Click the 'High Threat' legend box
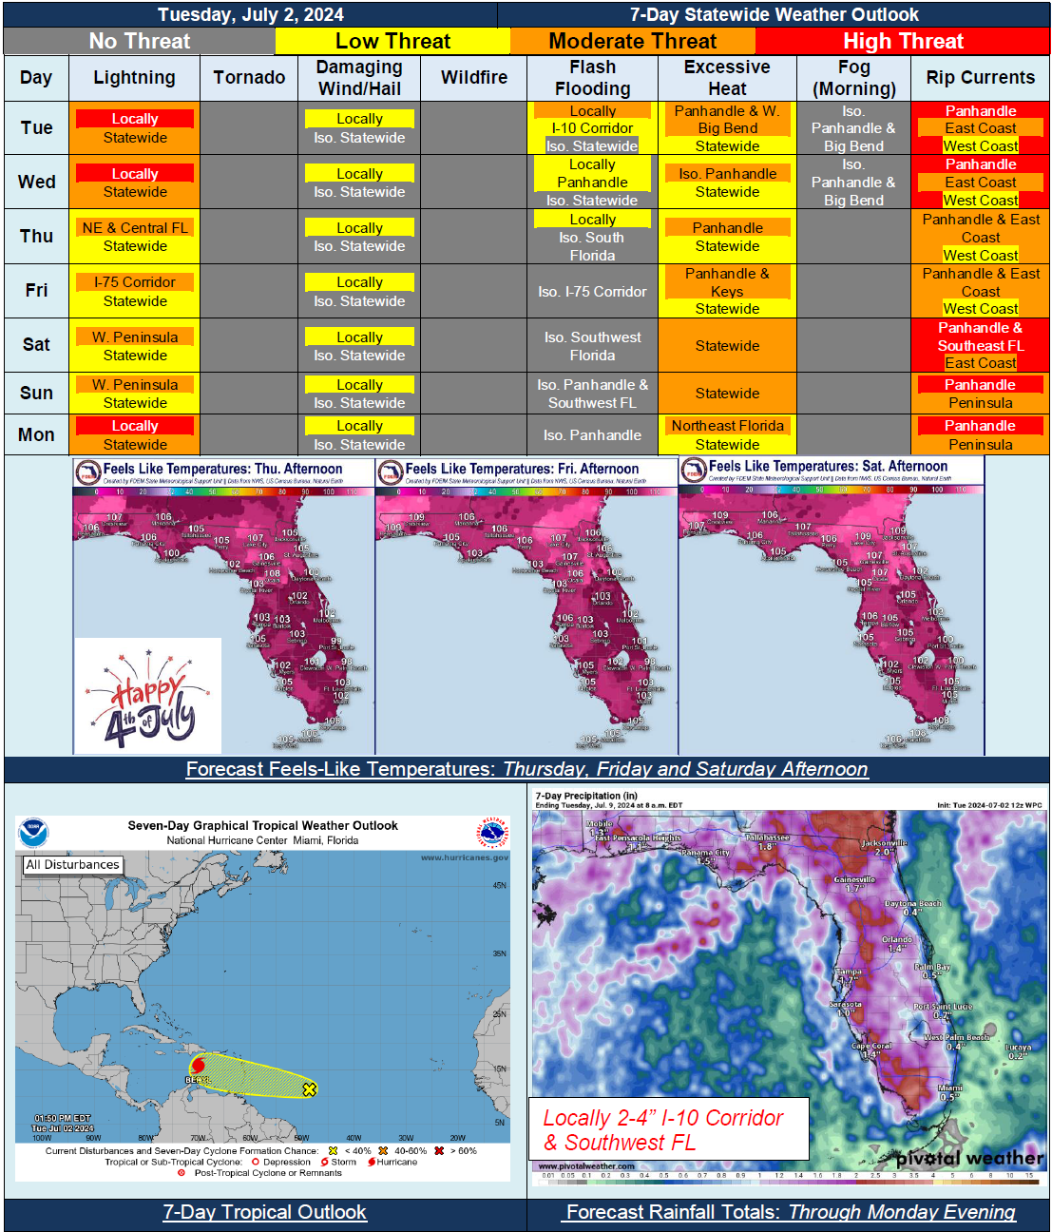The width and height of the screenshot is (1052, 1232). (x=902, y=41)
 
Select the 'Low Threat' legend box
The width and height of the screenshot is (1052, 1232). (x=392, y=41)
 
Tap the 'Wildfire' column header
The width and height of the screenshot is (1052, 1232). (x=473, y=78)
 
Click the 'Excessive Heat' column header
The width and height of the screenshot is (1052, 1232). (x=727, y=78)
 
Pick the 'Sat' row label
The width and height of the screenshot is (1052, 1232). (x=36, y=344)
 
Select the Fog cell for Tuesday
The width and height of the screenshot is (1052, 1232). (x=853, y=128)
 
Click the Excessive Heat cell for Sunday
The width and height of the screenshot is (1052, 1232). (x=727, y=393)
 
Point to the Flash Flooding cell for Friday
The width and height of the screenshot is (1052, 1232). (x=592, y=292)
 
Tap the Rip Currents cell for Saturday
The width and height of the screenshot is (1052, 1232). (x=980, y=344)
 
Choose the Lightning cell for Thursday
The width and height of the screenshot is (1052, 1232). (x=135, y=237)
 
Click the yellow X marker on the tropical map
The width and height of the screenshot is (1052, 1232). (x=309, y=1089)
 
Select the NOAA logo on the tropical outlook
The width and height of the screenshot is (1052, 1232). (x=33, y=833)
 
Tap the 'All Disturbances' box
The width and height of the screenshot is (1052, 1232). (x=73, y=865)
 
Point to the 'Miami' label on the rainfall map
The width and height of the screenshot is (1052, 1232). (x=949, y=1089)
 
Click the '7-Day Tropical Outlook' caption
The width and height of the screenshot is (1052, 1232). (x=264, y=1212)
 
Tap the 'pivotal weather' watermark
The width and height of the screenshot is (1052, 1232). (x=969, y=1158)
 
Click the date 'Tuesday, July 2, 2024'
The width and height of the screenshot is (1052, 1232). (x=251, y=14)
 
